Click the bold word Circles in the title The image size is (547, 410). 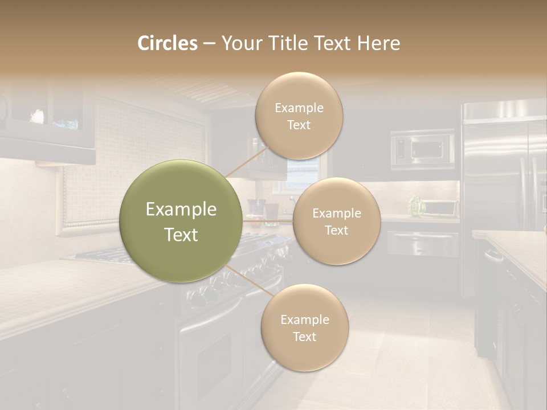167,43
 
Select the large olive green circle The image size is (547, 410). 181,221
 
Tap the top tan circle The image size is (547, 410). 299,116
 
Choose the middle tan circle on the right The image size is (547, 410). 336,221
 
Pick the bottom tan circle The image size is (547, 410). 304,327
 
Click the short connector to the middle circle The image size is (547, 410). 268,220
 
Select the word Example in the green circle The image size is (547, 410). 181,210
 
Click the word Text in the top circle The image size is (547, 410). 299,125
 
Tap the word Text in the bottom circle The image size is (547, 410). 304,337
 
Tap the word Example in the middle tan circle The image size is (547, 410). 336,214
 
